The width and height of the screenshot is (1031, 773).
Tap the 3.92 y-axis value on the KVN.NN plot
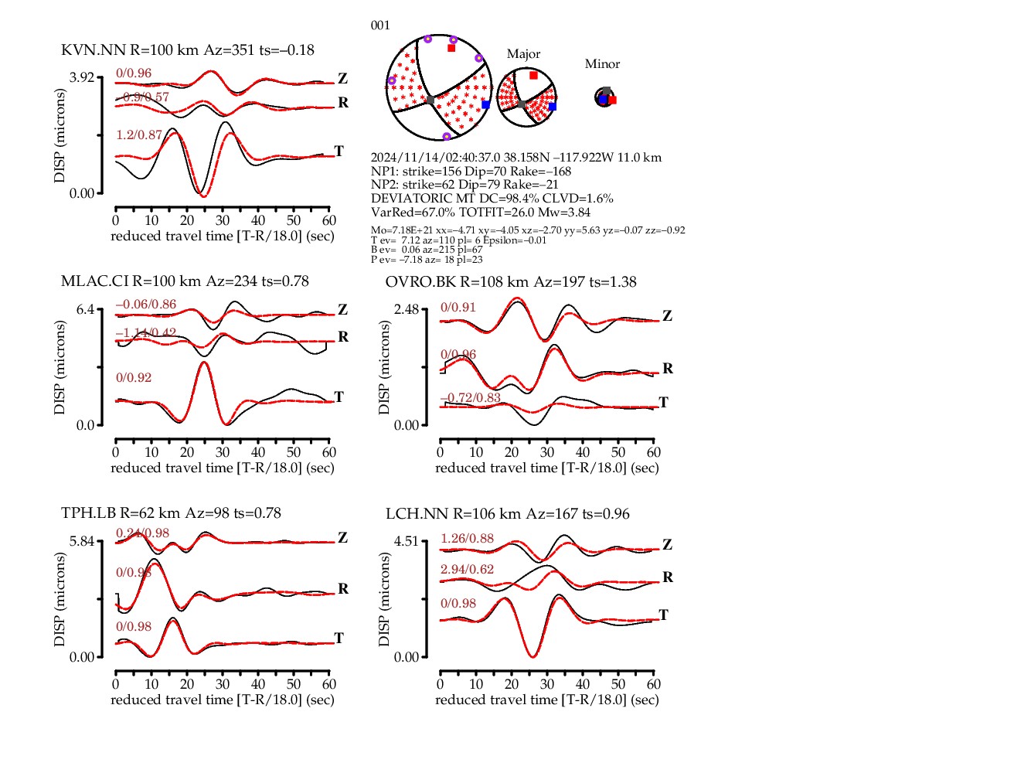81,77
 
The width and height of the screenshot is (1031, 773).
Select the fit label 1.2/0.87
139,135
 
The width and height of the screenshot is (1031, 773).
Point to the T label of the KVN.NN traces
339,151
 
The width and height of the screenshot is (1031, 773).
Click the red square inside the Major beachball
533,76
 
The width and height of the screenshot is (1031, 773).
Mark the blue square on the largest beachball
485,104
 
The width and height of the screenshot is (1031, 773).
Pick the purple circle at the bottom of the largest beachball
446,137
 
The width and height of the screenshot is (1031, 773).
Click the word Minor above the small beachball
602,64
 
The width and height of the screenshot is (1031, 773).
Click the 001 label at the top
380,26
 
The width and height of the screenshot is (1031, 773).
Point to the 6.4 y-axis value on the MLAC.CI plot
85,309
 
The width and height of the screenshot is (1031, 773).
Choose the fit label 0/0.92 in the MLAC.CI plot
134,378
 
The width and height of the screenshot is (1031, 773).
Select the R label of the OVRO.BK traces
668,369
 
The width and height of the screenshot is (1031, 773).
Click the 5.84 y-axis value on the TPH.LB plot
81,541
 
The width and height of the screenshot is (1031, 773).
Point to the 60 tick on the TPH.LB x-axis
329,684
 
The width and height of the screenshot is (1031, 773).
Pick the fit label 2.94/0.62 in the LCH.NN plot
467,570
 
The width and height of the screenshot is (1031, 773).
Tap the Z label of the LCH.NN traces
668,545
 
